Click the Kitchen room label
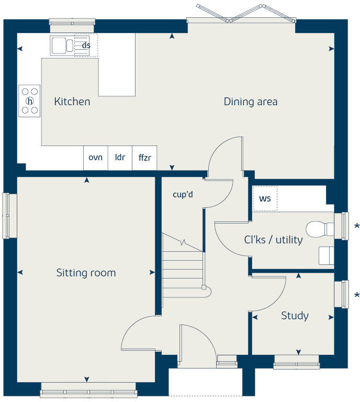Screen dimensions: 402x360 pyautogui.click(x=72, y=102)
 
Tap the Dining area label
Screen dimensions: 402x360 pyautogui.click(x=250, y=102)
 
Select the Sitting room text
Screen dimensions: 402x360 pyautogui.click(x=86, y=273)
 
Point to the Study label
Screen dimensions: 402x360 pyautogui.click(x=295, y=316)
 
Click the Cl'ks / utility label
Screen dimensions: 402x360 pyautogui.click(x=273, y=240)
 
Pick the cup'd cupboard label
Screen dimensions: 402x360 pyautogui.click(x=183, y=194)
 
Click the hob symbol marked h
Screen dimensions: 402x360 pyautogui.click(x=30, y=100)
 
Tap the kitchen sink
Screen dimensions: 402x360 pyautogui.click(x=62, y=46)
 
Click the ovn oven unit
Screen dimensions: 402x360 pyautogui.click(x=95, y=158)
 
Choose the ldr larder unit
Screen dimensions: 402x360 pyautogui.click(x=120, y=158)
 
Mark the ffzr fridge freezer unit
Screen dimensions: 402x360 pyautogui.click(x=144, y=158)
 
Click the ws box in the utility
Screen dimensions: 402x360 pyautogui.click(x=265, y=199)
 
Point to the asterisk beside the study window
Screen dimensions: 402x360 pyautogui.click(x=357, y=295)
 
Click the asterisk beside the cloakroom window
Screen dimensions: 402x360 pyautogui.click(x=357, y=227)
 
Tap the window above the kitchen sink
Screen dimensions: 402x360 pyautogui.click(x=72, y=22)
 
